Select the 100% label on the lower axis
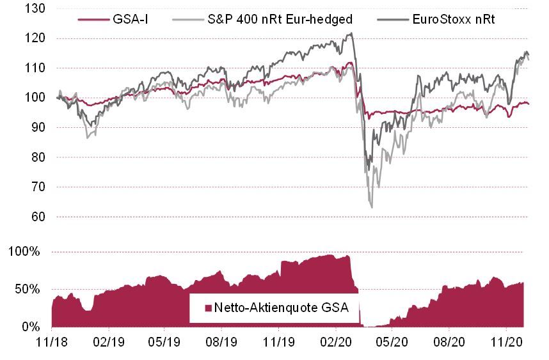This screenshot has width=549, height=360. pyautogui.click(x=26, y=252)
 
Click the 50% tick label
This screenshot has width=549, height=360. pyautogui.click(x=29, y=289)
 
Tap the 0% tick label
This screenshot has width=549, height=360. pyautogui.click(x=32, y=327)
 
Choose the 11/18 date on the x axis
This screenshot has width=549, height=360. pyautogui.click(x=52, y=343)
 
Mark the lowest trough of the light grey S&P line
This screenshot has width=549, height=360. pyautogui.click(x=372, y=207)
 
